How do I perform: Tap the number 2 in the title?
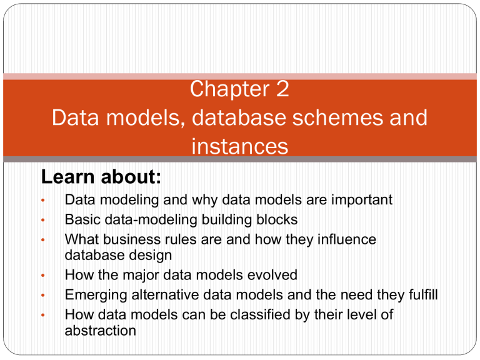click(281, 89)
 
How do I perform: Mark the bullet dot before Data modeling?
click(42, 201)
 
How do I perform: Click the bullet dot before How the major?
click(42, 275)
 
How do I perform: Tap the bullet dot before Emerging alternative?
click(42, 295)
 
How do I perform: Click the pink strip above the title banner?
click(240, 76)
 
